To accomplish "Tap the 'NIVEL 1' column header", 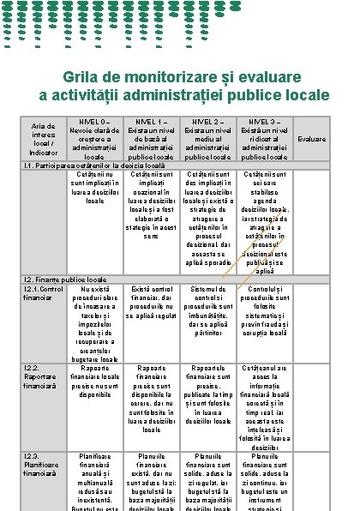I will [x=150, y=139].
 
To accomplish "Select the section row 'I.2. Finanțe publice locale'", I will [x=65, y=280].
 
